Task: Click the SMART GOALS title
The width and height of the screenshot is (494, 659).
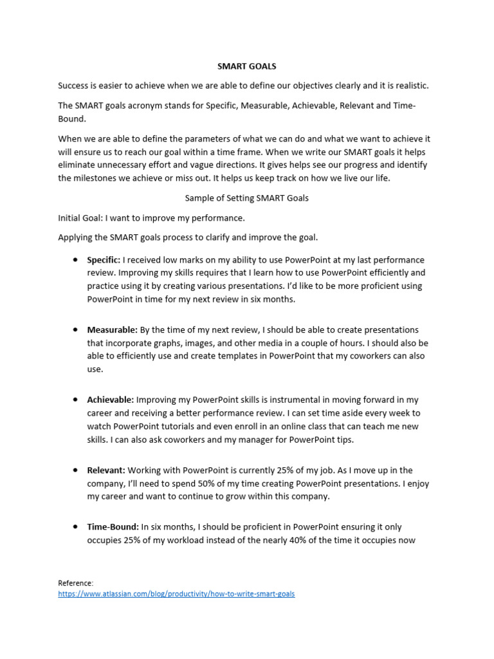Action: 246,66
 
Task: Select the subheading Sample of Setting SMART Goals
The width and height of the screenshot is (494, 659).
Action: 246,198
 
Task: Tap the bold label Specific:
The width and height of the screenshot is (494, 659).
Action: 104,260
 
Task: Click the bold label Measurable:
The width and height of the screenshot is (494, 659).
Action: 112,330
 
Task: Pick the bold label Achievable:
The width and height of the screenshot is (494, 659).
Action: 111,400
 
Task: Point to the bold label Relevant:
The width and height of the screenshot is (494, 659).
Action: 106,470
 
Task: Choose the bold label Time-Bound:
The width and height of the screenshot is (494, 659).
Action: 113,527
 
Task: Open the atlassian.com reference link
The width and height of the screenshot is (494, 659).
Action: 176,594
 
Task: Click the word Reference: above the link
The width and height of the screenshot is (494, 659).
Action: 75,583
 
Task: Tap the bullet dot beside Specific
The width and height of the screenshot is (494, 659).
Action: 75,260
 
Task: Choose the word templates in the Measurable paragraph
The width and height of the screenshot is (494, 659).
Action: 229,356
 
